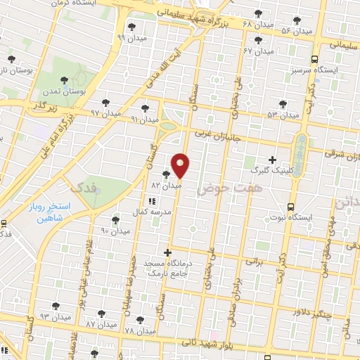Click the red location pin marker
[x=181, y=167]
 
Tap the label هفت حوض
[x=219, y=189]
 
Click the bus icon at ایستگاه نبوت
[x=290, y=207]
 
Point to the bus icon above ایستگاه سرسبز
[x=314, y=60]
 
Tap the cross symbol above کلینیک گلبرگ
[x=273, y=160]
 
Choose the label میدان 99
[x=130, y=37]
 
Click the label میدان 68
[x=257, y=25]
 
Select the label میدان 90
[x=115, y=231]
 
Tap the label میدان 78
[x=139, y=330]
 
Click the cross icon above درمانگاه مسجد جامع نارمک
[x=167, y=252]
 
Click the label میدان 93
[x=56, y=317]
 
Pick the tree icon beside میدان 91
[x=145, y=108]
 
